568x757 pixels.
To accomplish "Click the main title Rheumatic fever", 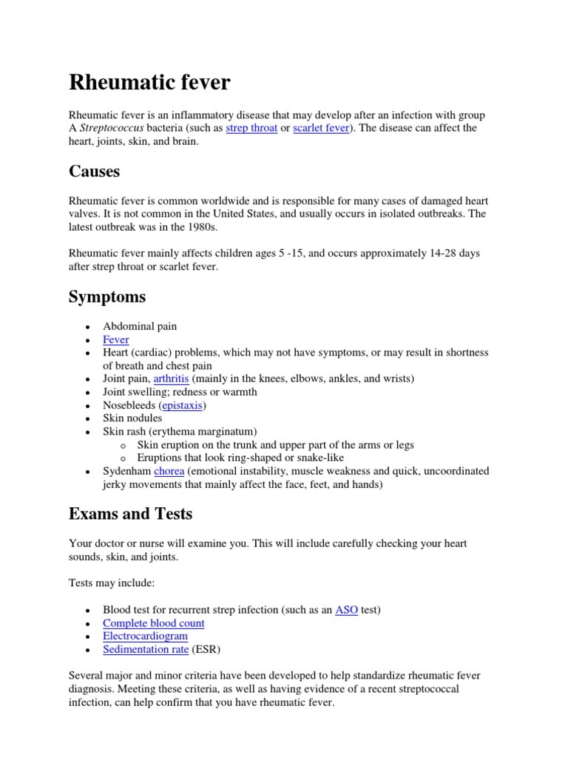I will [x=149, y=82].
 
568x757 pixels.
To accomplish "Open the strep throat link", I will [x=251, y=128].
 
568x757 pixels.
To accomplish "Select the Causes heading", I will [x=95, y=172].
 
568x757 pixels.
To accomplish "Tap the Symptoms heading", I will [x=107, y=297].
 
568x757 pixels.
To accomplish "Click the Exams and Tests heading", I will [x=131, y=514].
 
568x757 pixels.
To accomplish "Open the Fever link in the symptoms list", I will [x=116, y=339].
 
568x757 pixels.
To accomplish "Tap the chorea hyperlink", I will [x=170, y=471].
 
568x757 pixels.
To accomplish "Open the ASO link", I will [x=346, y=610].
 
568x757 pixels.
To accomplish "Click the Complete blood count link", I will [x=154, y=623].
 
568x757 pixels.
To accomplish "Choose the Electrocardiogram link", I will [x=145, y=636].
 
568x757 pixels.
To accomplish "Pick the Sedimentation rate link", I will [x=146, y=649].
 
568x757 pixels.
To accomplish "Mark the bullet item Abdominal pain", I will [x=140, y=326].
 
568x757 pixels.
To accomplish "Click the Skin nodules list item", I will [x=132, y=418].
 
